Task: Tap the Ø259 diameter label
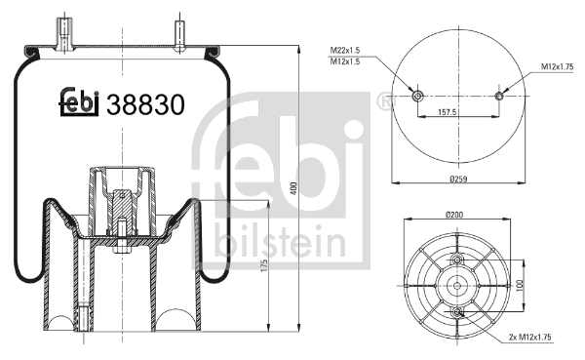point(457,179)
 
